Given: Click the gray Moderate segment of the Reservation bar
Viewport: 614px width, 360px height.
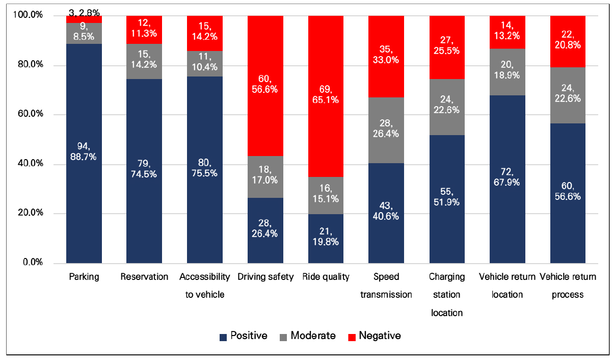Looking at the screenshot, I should coord(144,62).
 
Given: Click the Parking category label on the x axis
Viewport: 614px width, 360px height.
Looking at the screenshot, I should coord(84,277).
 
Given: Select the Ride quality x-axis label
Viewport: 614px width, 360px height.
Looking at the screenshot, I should coord(326,277).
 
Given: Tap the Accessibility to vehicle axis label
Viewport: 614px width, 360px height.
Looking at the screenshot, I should coord(205,286).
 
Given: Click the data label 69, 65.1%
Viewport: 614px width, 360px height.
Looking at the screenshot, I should coord(326,95).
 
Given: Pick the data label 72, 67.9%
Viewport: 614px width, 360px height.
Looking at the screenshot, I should coord(508,177).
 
